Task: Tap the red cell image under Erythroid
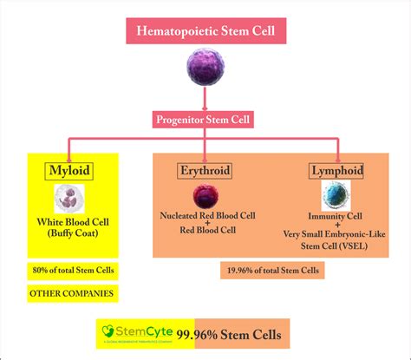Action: [205, 196]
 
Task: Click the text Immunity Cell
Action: [335, 213]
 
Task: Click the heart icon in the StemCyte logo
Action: [108, 330]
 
